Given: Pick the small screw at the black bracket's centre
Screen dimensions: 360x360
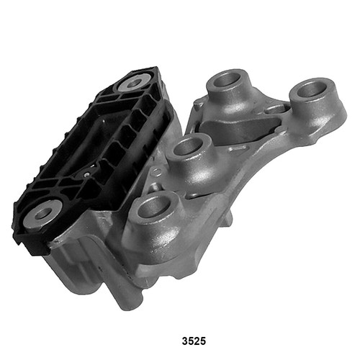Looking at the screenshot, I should [86, 173].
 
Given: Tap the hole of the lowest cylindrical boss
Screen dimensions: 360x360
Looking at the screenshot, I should [153, 207].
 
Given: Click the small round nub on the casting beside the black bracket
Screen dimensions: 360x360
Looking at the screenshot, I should [153, 173].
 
